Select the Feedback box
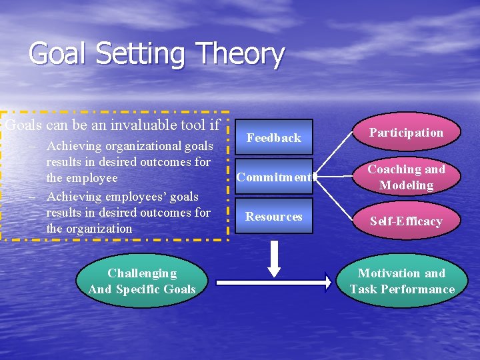(273, 138)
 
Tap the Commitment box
(273, 177)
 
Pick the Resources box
(273, 217)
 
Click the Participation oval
(406, 133)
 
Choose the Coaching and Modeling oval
(406, 177)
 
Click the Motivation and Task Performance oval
(402, 281)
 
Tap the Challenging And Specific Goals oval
(142, 281)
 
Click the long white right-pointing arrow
(274, 283)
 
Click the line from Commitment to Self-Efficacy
(339, 199)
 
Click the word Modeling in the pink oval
(406, 185)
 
